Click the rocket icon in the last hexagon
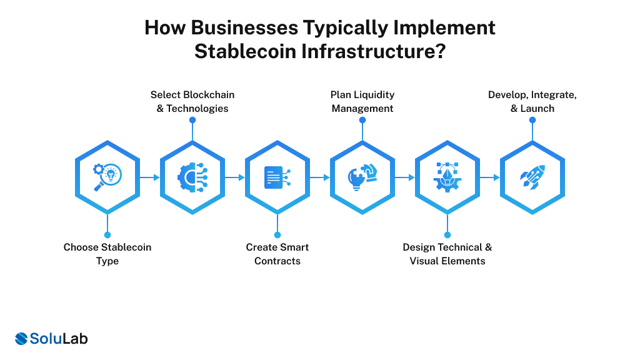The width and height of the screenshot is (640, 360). tap(532, 177)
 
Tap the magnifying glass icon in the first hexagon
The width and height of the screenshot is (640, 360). tap(107, 177)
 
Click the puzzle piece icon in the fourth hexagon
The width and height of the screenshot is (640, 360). tap(362, 177)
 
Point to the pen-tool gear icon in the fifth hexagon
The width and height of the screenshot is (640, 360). tap(447, 177)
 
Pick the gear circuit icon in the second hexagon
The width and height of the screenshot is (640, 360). tap(192, 177)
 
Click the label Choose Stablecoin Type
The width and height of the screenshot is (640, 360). tap(107, 254)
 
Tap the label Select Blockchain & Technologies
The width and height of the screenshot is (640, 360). tap(192, 101)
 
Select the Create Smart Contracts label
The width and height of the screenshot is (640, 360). tap(277, 254)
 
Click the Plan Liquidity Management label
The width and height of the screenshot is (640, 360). tap(362, 101)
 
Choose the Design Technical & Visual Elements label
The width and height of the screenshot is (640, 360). tap(447, 254)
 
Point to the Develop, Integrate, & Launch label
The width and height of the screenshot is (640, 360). tap(532, 101)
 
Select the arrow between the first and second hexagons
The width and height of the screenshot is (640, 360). tap(149, 177)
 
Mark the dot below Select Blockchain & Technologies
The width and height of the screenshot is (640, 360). tap(192, 120)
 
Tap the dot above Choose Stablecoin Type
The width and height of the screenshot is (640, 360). tap(107, 235)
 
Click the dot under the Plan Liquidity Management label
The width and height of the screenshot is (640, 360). tap(362, 120)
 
